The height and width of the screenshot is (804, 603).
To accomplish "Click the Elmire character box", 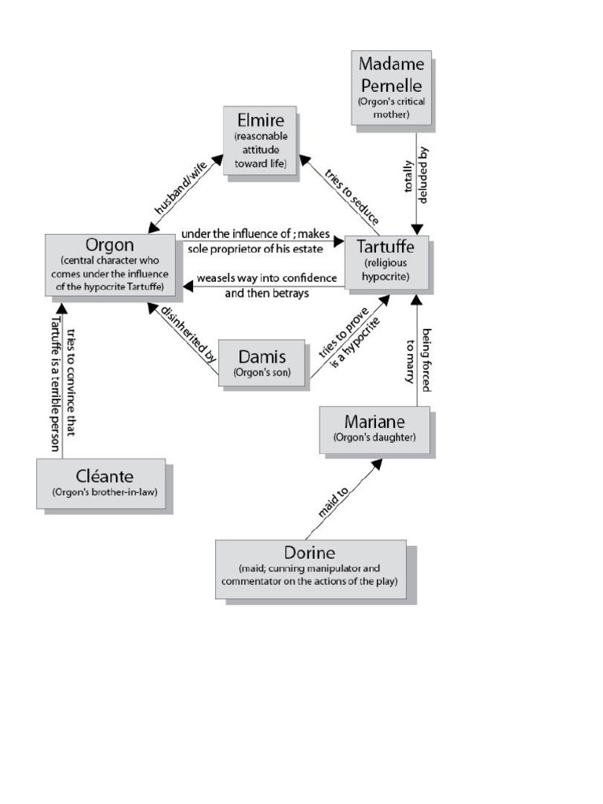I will (259, 140).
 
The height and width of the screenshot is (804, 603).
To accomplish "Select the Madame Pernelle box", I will (390, 86).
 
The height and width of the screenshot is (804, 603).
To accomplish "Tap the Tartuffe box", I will (386, 261).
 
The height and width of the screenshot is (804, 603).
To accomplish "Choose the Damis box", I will (261, 362).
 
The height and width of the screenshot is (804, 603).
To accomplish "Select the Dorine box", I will (310, 568).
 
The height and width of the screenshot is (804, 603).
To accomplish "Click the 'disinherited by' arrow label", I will (187, 332).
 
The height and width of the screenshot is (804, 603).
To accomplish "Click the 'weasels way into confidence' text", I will (266, 279).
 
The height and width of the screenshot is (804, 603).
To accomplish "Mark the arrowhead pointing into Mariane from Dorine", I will (375, 465).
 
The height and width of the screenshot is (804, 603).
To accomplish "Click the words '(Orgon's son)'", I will (261, 373).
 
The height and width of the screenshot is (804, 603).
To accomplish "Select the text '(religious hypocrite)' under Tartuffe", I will (386, 270).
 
